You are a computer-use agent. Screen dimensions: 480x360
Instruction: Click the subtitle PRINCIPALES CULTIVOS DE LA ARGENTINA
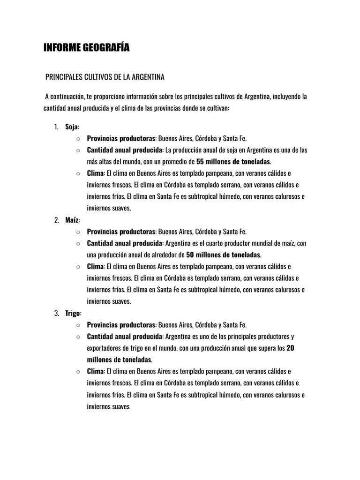(105, 76)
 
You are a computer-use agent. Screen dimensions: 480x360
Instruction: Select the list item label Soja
(72, 127)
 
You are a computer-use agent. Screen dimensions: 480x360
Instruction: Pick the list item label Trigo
(73, 313)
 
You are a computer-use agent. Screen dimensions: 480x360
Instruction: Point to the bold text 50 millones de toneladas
(223, 255)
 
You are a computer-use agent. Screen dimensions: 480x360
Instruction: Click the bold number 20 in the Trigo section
(290, 348)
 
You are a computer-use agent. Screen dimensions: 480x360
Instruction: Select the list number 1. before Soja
(56, 127)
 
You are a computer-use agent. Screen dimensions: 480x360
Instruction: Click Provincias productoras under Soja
(121, 139)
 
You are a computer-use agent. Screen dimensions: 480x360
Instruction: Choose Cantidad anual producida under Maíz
(124, 243)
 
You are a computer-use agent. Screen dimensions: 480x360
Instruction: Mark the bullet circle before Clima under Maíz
(78, 267)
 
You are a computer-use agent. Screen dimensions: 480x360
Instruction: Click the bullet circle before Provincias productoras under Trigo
(78, 325)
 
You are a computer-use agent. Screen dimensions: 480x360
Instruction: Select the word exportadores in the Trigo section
(105, 348)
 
